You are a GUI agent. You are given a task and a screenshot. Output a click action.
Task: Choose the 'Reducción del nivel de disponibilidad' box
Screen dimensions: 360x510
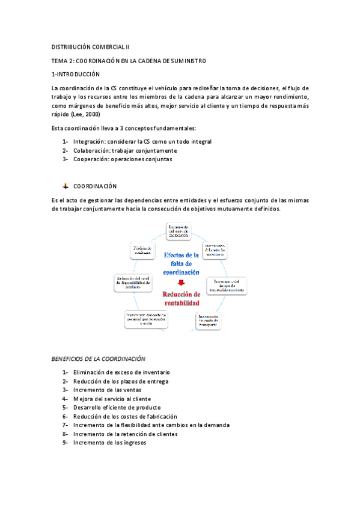coord(137,282)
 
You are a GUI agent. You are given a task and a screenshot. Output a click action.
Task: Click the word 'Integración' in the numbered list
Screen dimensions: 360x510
coord(88,142)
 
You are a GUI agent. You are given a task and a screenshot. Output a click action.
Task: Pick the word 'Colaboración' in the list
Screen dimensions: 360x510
coord(91,150)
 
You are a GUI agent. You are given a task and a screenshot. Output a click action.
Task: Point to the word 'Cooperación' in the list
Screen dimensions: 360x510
coord(91,159)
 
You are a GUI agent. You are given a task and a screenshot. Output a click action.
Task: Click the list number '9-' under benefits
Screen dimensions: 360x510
coord(65,443)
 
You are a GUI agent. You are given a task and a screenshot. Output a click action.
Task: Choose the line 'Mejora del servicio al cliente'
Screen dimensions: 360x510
coord(112,399)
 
